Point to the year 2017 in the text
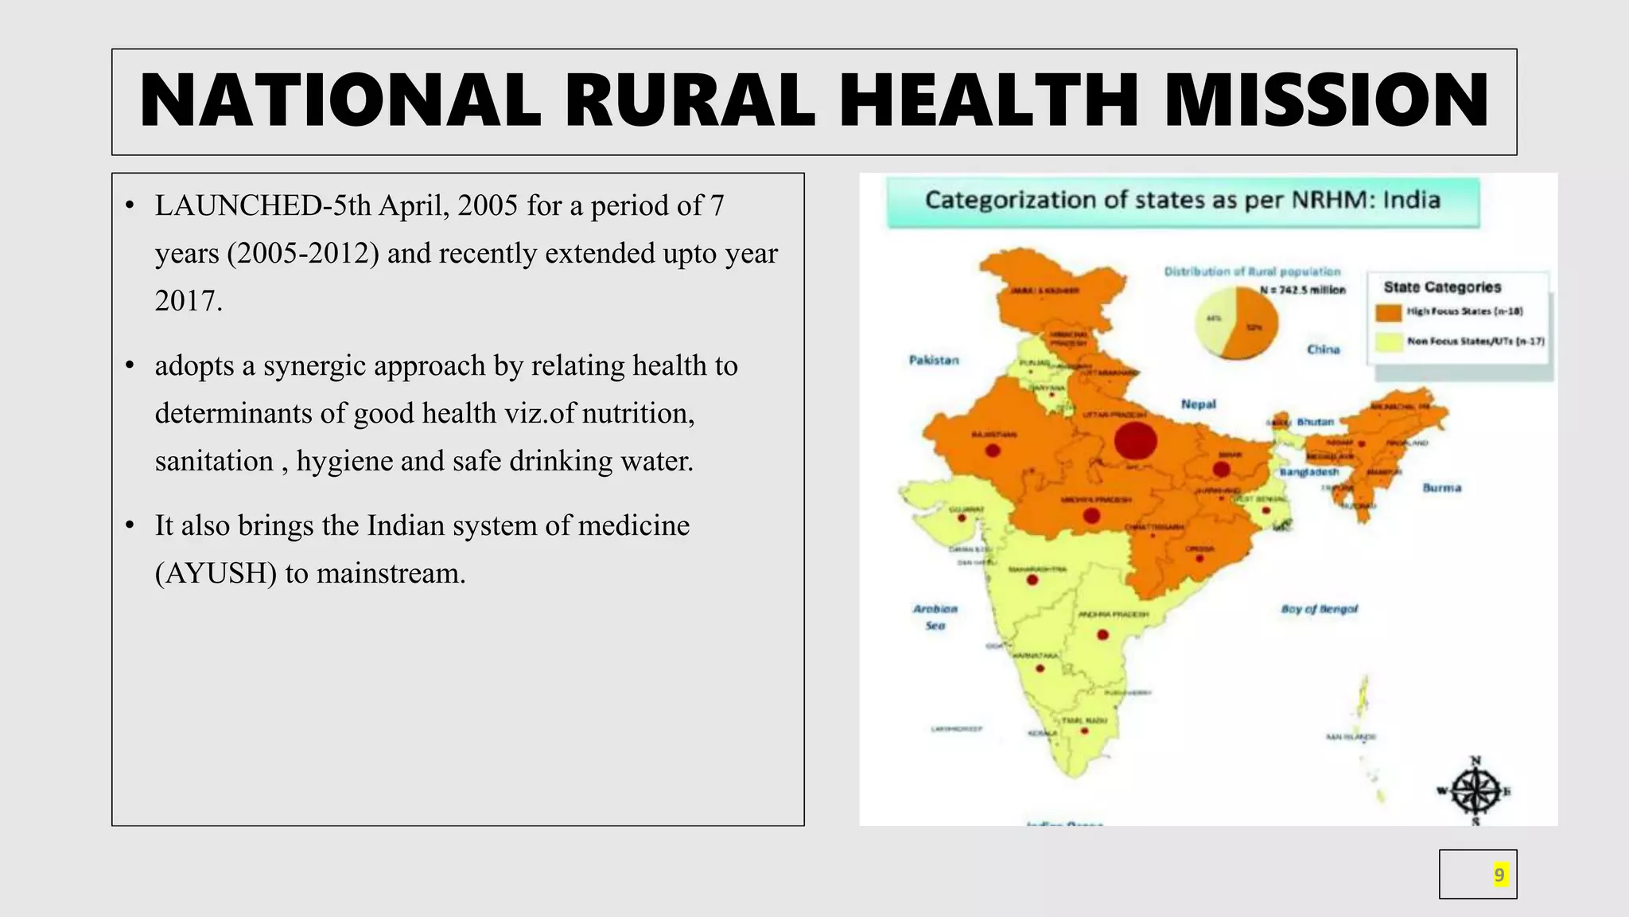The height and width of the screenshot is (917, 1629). (x=189, y=301)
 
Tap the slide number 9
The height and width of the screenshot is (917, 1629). (x=1499, y=875)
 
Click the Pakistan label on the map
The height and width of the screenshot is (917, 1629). (x=934, y=361)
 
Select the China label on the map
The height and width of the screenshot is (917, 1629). (x=1323, y=349)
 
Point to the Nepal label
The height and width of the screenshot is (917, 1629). (x=1198, y=404)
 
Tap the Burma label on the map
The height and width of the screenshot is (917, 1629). (x=1441, y=488)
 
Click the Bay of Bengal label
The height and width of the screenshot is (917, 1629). (x=1319, y=609)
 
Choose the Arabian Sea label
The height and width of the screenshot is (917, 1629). (x=935, y=617)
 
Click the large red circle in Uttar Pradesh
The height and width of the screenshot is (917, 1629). (x=1135, y=441)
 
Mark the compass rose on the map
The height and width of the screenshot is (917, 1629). (x=1475, y=791)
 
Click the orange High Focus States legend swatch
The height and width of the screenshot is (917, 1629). (x=1388, y=312)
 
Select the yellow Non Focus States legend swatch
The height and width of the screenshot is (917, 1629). (x=1388, y=342)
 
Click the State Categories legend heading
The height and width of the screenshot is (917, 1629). (x=1442, y=287)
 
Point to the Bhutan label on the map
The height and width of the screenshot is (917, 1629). (x=1315, y=422)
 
